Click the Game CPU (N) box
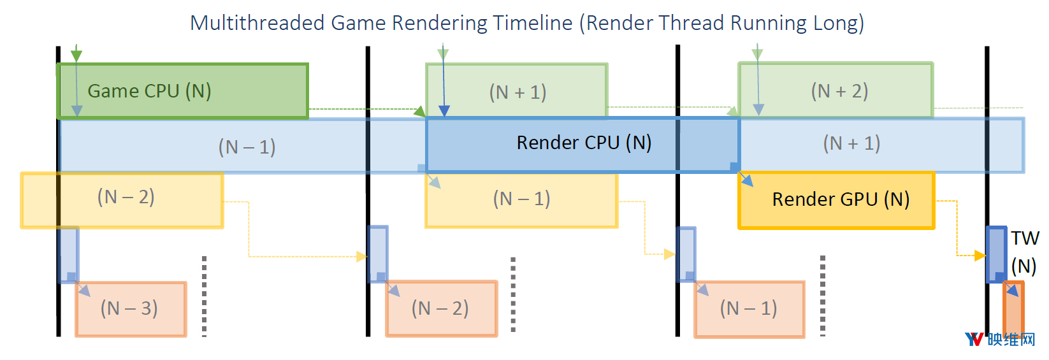point(182,91)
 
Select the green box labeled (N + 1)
point(517,90)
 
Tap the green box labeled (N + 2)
point(836,90)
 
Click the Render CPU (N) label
point(584,142)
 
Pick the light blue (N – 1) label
point(247,147)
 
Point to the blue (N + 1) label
point(851,143)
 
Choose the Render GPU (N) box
point(836,200)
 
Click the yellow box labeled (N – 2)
point(122,200)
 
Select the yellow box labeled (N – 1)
point(521,201)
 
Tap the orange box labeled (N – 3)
point(131,309)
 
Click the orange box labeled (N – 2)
point(441,308)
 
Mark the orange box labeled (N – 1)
point(749,309)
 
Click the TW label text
point(1025,238)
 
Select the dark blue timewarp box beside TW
point(996,255)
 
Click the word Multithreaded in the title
point(257,23)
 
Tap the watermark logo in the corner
point(1000,340)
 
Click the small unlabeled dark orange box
point(1013,309)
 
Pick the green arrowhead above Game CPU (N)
point(76,56)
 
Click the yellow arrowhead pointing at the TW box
point(980,256)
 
